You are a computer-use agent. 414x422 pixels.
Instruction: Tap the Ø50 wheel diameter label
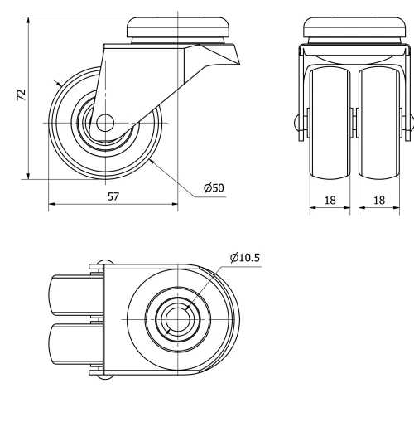tap(214, 187)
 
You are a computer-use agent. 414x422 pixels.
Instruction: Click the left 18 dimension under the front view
tap(330, 200)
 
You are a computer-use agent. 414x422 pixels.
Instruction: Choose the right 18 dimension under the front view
tap(381, 200)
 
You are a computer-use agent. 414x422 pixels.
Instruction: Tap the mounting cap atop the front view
tap(354, 29)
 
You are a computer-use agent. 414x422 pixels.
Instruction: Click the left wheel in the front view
tap(330, 124)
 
